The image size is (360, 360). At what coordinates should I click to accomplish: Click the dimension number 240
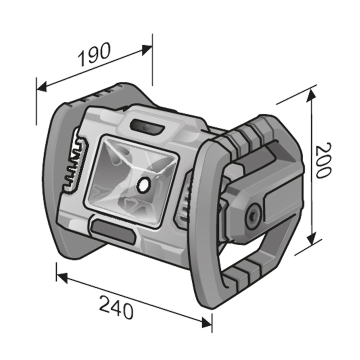116,307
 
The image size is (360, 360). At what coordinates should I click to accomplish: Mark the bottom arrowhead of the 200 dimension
312,241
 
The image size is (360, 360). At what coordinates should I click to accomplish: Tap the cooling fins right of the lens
184,197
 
